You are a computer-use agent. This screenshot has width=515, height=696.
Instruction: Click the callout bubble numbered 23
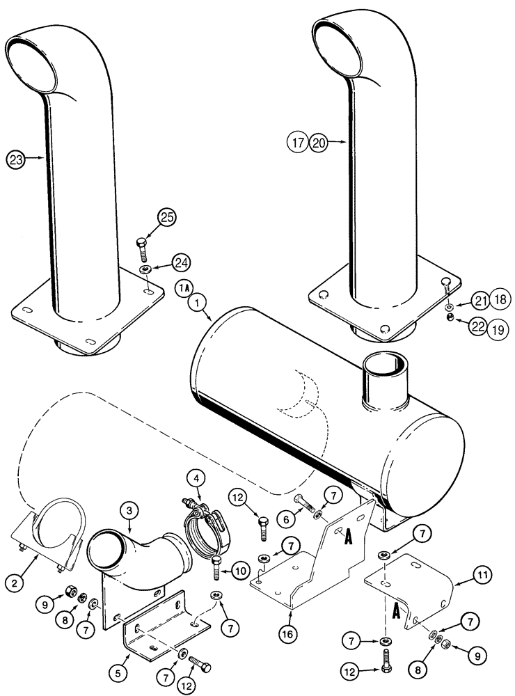(16, 159)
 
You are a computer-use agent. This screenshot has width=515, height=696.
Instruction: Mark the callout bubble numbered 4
(197, 478)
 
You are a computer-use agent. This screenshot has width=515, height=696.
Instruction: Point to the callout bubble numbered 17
(299, 143)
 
